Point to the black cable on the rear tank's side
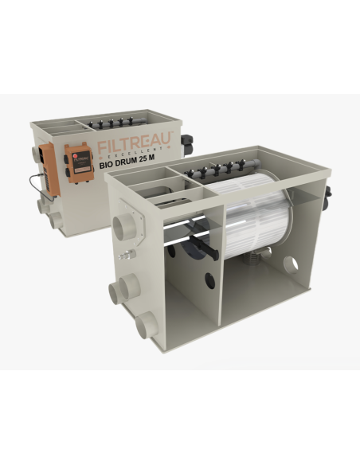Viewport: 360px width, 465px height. (x=37, y=179)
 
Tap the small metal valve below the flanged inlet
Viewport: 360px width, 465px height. (x=124, y=256)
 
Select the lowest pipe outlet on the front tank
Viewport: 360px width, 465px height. (x=147, y=325)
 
